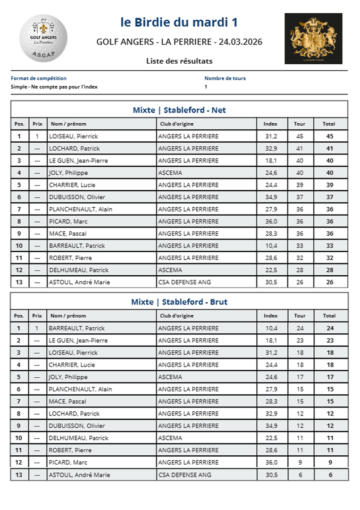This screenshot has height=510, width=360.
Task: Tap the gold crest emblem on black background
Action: click(313, 38)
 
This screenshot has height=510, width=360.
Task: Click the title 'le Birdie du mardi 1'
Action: click(179, 22)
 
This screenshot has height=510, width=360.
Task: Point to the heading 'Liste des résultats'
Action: click(179, 61)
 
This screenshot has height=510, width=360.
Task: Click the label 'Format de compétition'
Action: click(39, 78)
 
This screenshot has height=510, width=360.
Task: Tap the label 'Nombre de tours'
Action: click(225, 78)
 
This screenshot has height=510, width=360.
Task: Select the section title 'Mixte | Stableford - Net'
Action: click(179, 110)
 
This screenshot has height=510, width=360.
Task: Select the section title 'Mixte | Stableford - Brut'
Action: click(179, 302)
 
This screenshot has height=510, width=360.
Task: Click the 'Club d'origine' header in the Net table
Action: click(176, 124)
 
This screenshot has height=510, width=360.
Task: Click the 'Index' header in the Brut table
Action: click(270, 315)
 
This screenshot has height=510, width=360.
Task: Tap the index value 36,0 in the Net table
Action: click(270, 221)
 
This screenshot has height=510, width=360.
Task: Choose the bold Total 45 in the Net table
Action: click(329, 136)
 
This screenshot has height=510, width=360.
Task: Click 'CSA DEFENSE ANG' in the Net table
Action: click(184, 282)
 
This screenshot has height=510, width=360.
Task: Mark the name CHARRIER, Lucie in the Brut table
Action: click(72, 365)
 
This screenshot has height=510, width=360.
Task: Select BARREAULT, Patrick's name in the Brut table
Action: click(77, 328)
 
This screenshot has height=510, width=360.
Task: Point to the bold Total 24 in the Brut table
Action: click(330, 328)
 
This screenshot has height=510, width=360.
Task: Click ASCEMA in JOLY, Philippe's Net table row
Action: click(170, 173)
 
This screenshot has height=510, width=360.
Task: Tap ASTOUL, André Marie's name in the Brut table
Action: click(79, 475)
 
